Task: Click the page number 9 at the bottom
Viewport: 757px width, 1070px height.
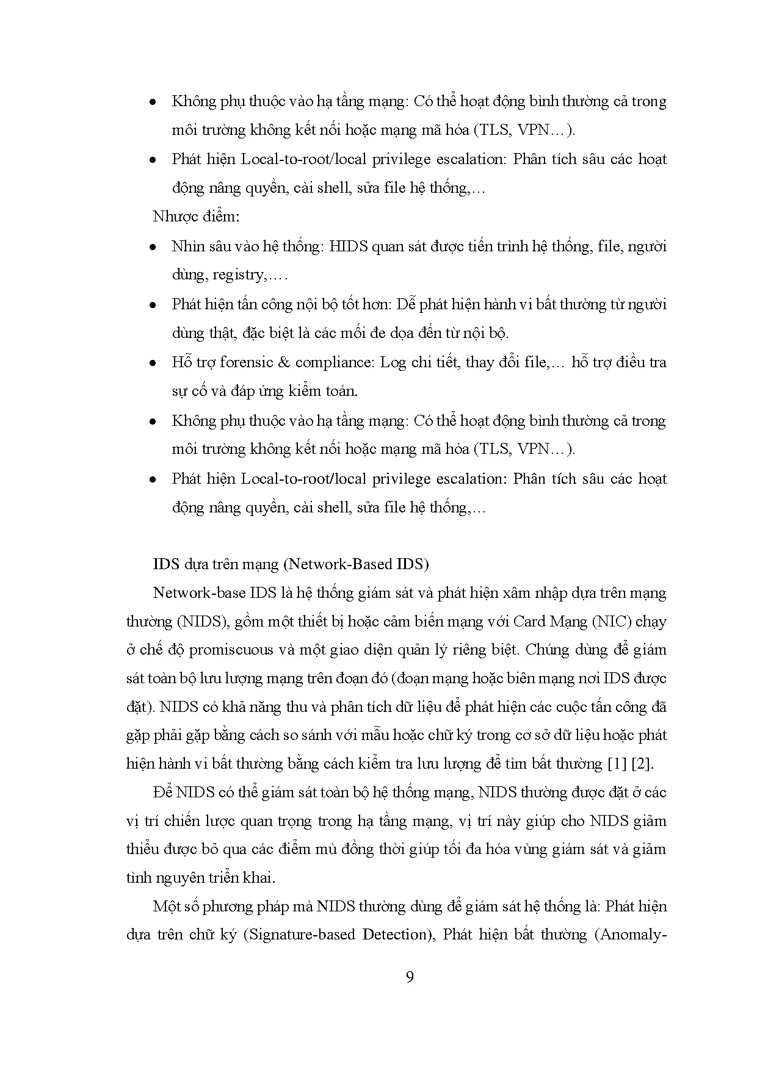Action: (x=410, y=977)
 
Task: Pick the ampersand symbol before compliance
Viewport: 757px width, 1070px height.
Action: (x=283, y=362)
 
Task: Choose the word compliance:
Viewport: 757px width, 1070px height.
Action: (x=334, y=362)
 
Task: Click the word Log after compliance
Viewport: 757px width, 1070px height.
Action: (x=393, y=362)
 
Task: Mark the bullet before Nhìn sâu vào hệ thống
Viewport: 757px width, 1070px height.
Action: (x=154, y=247)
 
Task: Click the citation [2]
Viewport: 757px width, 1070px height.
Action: (x=644, y=764)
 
